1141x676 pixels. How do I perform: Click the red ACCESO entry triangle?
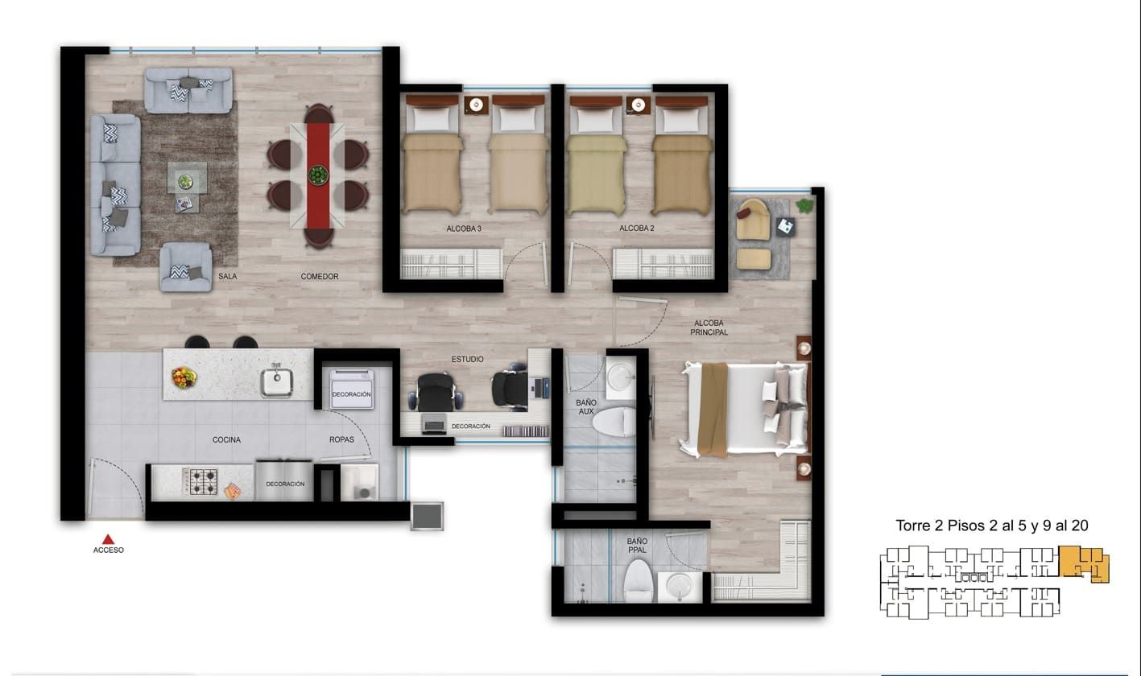(108, 539)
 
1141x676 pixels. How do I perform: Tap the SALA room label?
(228, 277)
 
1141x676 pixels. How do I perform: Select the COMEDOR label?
(320, 277)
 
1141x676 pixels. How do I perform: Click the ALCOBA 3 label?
(464, 229)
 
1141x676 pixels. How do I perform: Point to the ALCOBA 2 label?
(636, 229)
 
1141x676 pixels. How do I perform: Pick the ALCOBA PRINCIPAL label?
(709, 328)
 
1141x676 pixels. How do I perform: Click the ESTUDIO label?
(467, 359)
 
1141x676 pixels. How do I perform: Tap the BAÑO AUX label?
(585, 406)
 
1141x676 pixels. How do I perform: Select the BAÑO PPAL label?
(637, 546)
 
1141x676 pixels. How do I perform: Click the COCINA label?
(227, 440)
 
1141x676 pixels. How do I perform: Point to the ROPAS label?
(341, 440)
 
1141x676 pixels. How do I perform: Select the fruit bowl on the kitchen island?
(184, 376)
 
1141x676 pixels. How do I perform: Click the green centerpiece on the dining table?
(318, 174)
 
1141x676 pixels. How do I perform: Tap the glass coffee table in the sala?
(187, 179)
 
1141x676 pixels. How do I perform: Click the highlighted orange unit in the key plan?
(1083, 562)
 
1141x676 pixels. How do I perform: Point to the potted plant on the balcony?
(804, 206)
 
